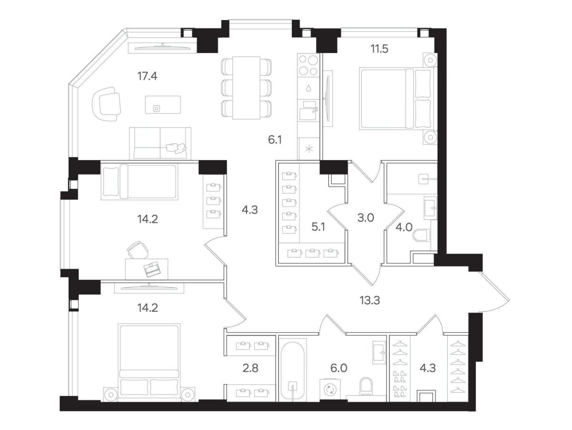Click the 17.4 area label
(147, 76)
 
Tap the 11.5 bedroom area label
(379, 49)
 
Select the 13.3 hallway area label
(370, 300)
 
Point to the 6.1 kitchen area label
(275, 140)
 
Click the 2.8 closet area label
(250, 368)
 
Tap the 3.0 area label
(366, 217)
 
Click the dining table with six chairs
(246, 88)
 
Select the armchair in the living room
(106, 104)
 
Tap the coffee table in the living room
(163, 104)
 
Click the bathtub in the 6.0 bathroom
(293, 371)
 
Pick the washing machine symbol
(330, 390)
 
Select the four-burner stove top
(308, 65)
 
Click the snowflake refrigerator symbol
(309, 149)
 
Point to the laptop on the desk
(152, 269)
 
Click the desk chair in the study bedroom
(138, 250)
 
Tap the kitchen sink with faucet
(308, 110)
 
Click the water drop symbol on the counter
(308, 88)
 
